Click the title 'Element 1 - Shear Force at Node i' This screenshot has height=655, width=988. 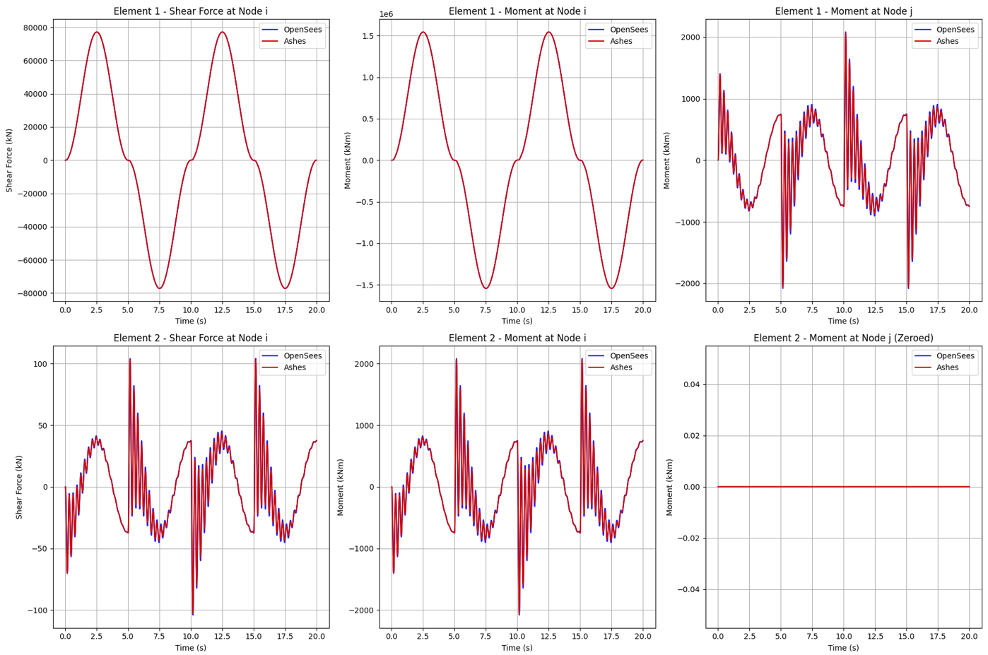click(x=191, y=11)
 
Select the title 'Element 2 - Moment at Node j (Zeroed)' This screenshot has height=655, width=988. click(x=843, y=338)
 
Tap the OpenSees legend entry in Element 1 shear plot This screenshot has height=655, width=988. click(x=302, y=30)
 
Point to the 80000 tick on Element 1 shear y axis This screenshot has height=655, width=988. click(x=35, y=28)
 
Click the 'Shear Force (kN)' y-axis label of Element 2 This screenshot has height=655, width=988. click(x=19, y=487)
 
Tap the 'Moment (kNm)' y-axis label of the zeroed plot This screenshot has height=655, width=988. click(x=669, y=487)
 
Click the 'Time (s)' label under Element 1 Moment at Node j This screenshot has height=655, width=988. click(x=843, y=321)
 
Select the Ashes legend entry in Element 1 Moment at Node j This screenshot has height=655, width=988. click(x=947, y=41)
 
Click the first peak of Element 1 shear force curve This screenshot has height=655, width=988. click(x=97, y=32)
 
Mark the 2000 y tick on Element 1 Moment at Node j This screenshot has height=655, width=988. click(x=690, y=37)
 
